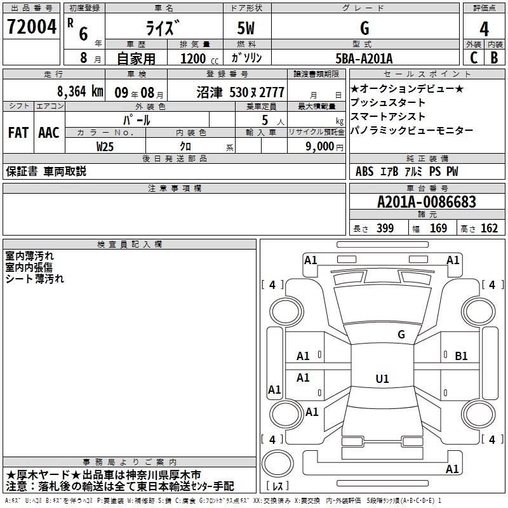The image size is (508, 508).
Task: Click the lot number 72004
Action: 31,27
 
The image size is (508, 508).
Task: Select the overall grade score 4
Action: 484,29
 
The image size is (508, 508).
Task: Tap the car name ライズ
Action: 163,29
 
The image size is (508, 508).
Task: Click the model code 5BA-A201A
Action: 364,58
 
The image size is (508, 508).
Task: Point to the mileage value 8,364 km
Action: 79,91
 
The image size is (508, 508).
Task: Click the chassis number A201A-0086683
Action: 426,202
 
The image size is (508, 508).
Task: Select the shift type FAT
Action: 18,133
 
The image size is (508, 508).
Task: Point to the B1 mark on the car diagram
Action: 462,356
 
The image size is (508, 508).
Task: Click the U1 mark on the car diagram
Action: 382,379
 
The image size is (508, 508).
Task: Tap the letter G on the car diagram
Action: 401,334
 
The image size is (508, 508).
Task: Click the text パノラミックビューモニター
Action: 411,130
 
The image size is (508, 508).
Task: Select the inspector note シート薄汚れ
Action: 35,278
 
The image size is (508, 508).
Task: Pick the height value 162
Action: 489,229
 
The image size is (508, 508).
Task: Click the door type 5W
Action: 247,29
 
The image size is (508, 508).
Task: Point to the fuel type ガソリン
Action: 247,58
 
